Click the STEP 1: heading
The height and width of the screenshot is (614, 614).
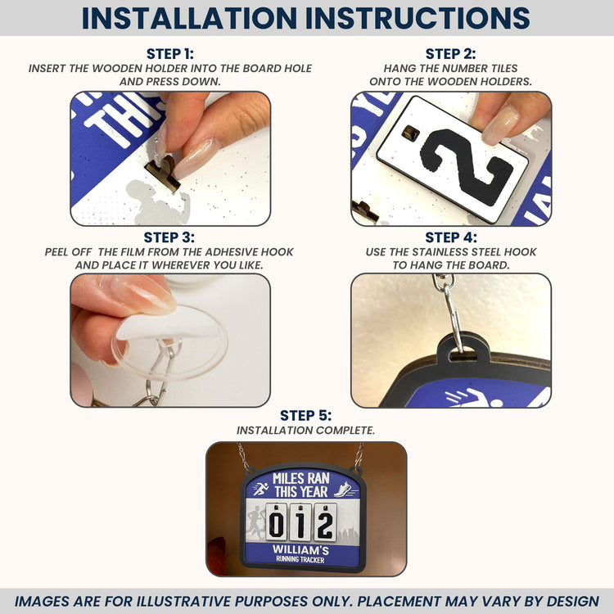pos(170,54)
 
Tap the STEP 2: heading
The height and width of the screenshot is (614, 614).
pos(451,54)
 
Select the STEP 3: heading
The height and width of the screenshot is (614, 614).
pos(169,237)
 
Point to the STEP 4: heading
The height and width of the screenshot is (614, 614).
pos(451,237)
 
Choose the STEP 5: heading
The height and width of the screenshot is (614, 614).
pos(306,415)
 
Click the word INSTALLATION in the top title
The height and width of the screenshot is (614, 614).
pos(189,18)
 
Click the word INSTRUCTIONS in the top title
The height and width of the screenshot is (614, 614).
pos(418,18)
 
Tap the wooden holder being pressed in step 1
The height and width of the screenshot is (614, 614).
pos(164,172)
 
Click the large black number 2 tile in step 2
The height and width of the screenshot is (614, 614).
pos(452,160)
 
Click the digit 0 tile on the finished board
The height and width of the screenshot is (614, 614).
pos(277,522)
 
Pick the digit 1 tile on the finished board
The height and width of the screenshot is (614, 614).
pos(300,522)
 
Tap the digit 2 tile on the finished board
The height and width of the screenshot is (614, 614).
pos(325,522)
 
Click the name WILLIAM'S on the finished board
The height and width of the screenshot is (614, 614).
pos(300,550)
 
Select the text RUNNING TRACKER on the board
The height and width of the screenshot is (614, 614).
pos(300,560)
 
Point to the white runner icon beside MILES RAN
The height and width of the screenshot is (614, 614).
pos(261,489)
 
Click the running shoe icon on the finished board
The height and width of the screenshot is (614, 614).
pos(345,490)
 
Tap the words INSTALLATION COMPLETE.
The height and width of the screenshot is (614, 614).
pos(305,431)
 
